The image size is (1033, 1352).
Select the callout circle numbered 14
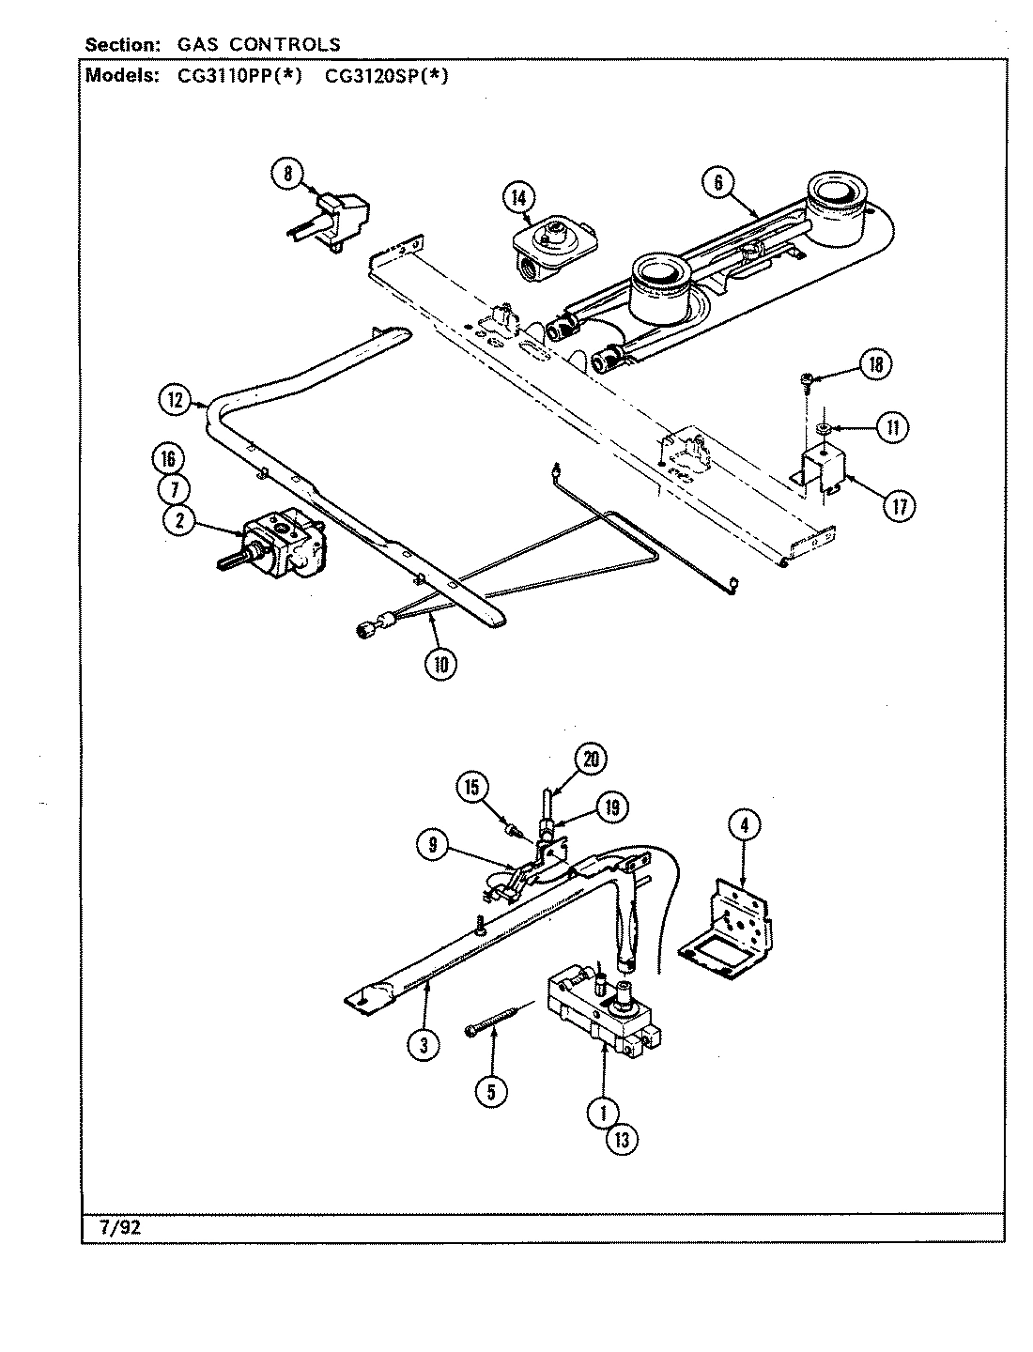[x=518, y=197]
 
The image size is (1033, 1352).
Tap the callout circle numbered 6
[x=718, y=182]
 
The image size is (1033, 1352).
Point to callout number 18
[x=875, y=365]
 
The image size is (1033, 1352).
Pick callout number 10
[x=440, y=663]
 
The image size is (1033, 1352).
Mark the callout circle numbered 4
[x=744, y=826]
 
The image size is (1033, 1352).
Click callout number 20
[x=591, y=760]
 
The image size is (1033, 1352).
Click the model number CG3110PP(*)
[x=239, y=77]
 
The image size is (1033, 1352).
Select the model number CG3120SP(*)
[x=386, y=77]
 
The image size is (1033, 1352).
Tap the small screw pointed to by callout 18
[x=806, y=380]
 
